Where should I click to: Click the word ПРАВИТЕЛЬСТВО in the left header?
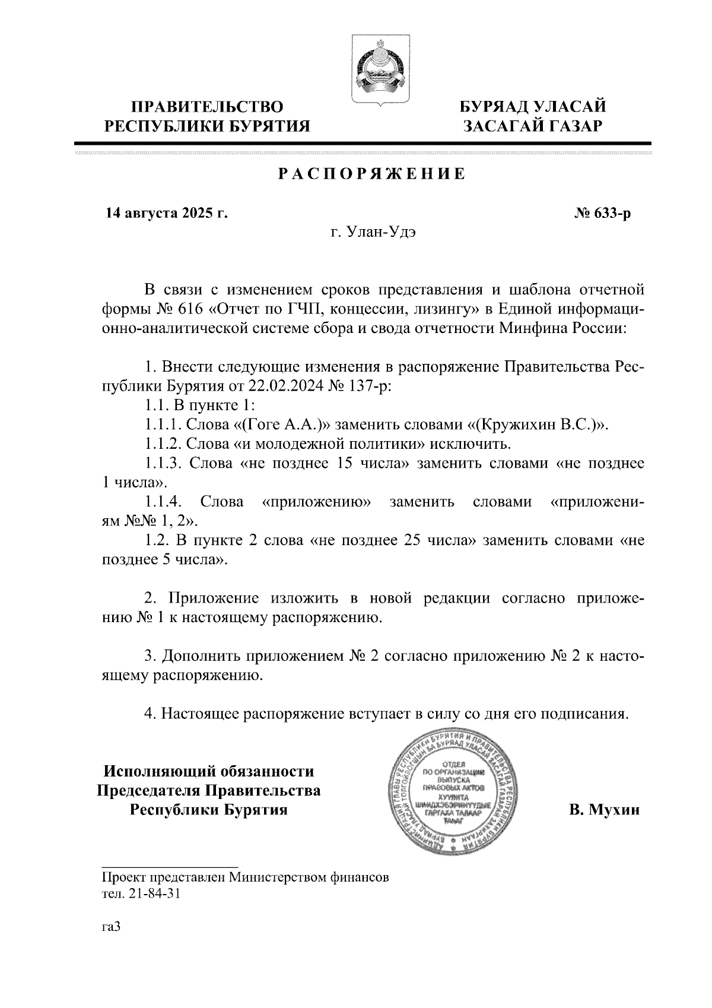207,107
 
